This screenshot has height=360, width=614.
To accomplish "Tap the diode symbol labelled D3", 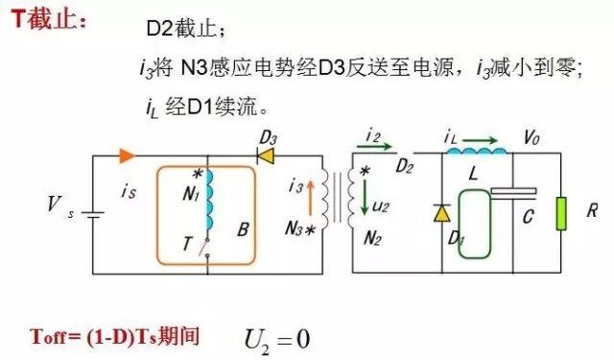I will click(266, 155).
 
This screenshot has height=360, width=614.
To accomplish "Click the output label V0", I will click(531, 139).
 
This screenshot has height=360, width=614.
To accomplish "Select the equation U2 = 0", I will click(278, 338).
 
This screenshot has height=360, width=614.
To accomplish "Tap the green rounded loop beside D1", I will click(473, 224).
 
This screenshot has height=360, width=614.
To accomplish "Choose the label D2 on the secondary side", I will click(406, 168).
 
